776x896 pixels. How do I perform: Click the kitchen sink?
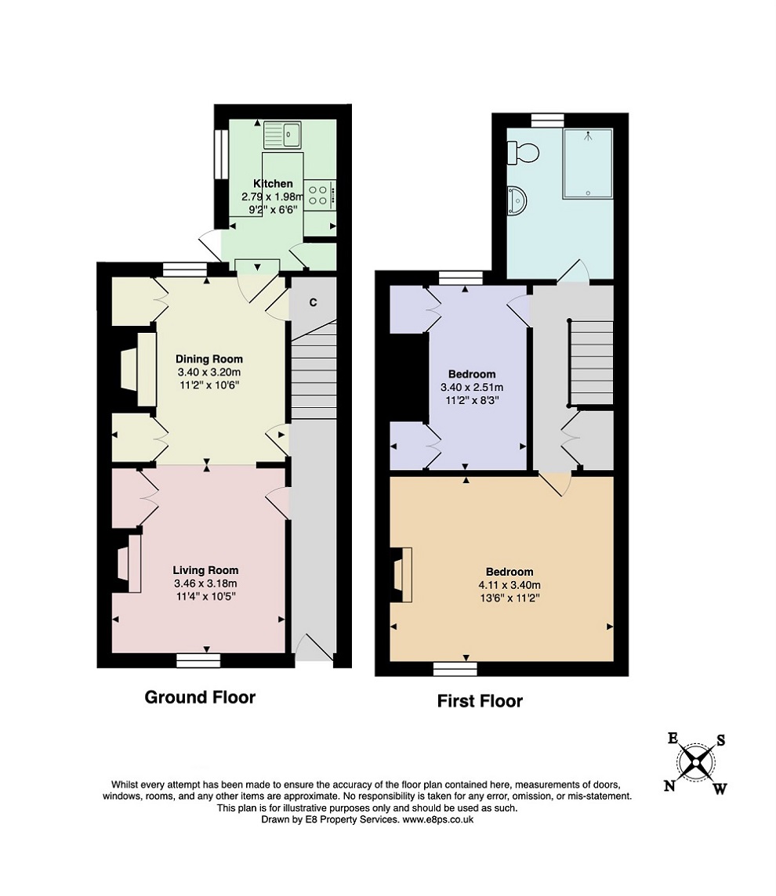click(282, 135)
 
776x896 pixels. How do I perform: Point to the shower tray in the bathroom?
click(587, 164)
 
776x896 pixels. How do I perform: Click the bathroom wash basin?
click(517, 201)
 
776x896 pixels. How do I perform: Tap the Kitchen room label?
click(274, 183)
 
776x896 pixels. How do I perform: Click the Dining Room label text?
click(209, 359)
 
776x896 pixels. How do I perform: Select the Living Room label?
click(206, 570)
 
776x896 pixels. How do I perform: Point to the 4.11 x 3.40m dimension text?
click(509, 585)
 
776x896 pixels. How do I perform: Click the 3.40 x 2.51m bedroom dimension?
click(472, 388)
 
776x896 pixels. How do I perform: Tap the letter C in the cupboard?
click(313, 302)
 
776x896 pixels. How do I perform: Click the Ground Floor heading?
click(200, 697)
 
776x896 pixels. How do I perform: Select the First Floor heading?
click(480, 701)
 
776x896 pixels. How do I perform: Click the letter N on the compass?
click(669, 786)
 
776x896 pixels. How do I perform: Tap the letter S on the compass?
click(720, 741)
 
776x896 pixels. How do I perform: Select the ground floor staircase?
click(314, 371)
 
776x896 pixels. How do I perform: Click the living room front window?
click(198, 660)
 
